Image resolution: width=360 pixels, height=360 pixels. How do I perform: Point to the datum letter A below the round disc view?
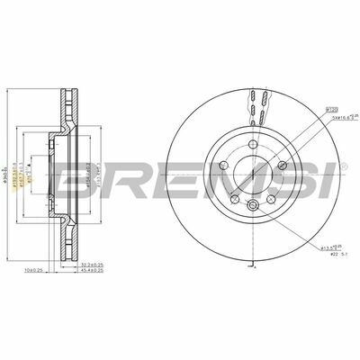256,267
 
